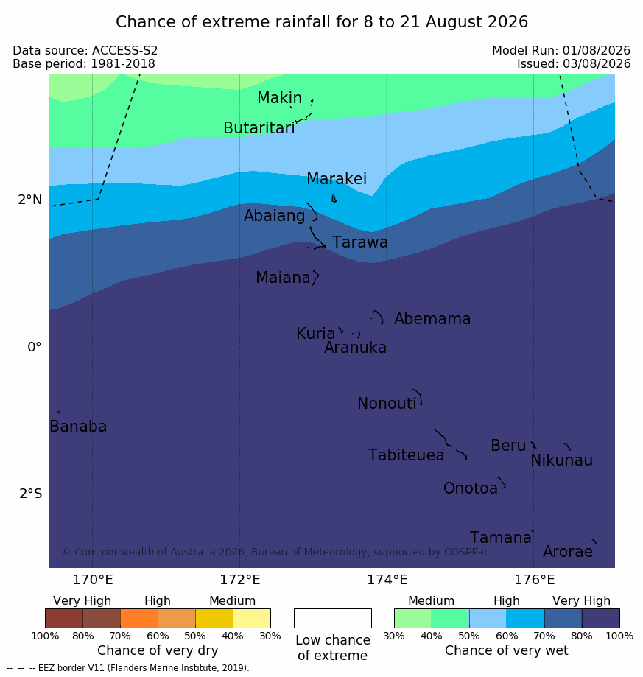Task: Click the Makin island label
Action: click(279, 97)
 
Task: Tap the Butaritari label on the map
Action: click(259, 127)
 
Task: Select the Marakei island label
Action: click(337, 179)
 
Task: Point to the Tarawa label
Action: click(360, 242)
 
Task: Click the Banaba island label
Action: click(78, 427)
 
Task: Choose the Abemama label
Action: click(432, 319)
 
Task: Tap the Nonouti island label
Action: click(387, 404)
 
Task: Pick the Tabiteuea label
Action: click(406, 455)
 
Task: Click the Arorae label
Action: click(568, 552)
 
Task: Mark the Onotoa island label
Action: click(471, 488)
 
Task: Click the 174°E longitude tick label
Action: click(387, 580)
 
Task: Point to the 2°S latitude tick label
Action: click(31, 494)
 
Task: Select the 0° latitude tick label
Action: click(35, 347)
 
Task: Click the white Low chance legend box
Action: click(333, 618)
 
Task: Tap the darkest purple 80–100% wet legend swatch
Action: click(601, 618)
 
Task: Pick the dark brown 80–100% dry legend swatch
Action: click(64, 618)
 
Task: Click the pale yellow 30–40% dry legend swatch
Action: click(252, 618)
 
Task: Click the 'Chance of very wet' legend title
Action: click(507, 650)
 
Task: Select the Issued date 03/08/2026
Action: click(597, 64)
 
